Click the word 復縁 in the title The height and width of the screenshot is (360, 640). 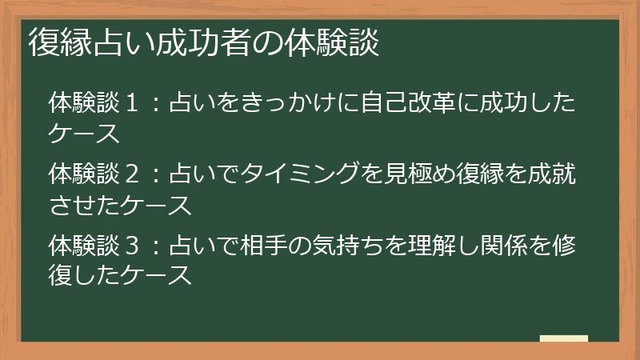pyautogui.click(x=61, y=42)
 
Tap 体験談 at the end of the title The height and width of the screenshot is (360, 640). pyautogui.click(x=332, y=42)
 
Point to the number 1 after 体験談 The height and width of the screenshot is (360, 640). pyautogui.click(x=131, y=102)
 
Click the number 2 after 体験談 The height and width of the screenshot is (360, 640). pyautogui.click(x=131, y=174)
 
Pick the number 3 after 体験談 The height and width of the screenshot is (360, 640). pyautogui.click(x=131, y=246)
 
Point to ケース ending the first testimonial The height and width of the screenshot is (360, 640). pyautogui.click(x=84, y=133)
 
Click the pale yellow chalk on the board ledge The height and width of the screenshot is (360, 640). pyautogui.click(x=564, y=338)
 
